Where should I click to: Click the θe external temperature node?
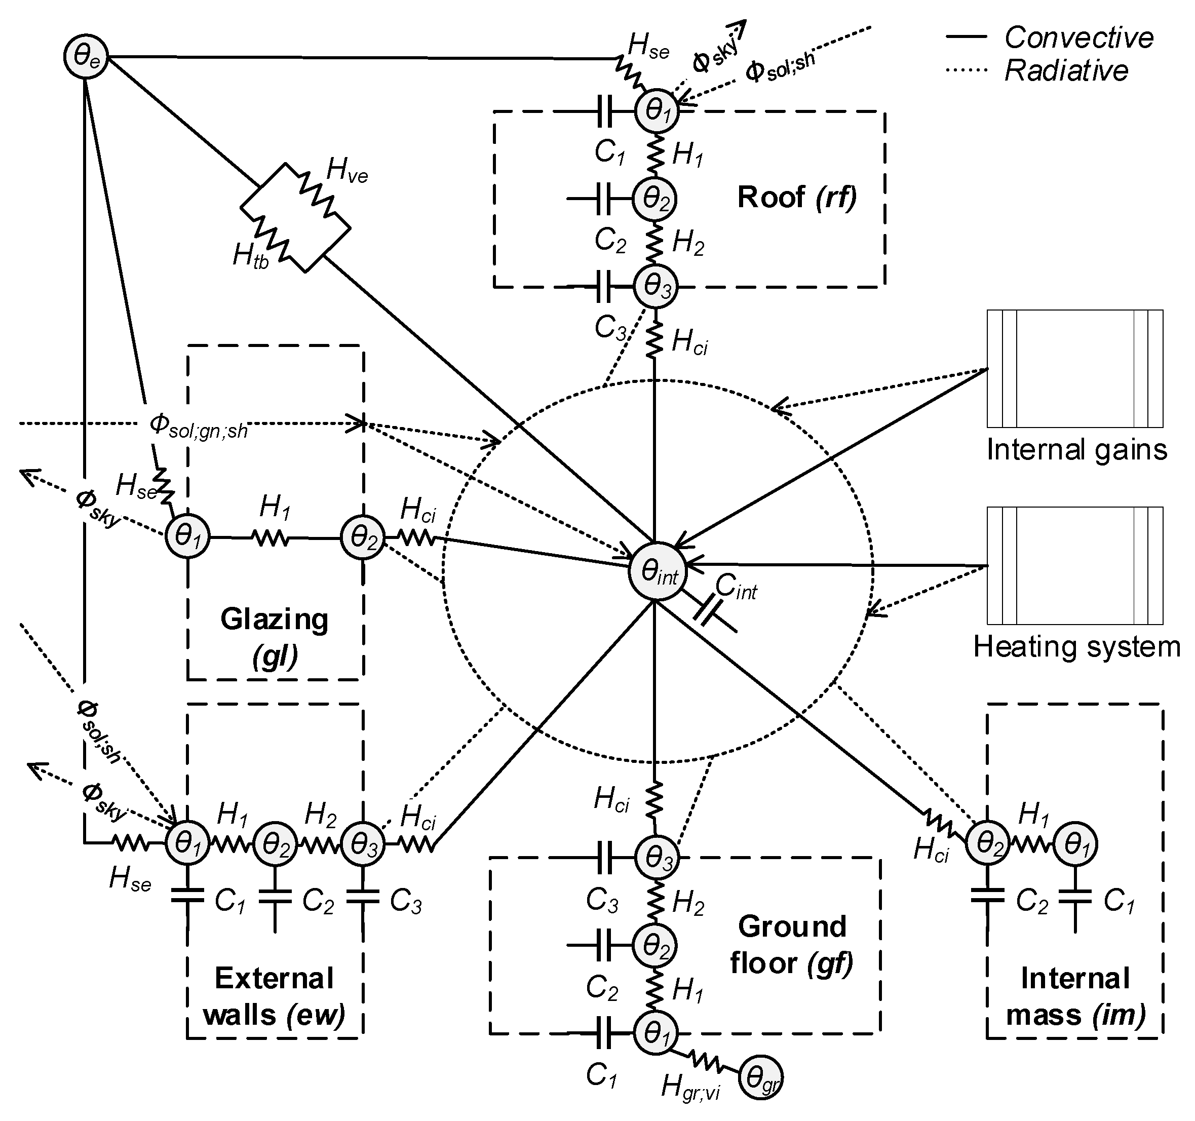pyautogui.click(x=85, y=58)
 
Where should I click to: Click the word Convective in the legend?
pyautogui.click(x=1078, y=38)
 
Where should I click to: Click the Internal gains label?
pyautogui.click(x=1076, y=450)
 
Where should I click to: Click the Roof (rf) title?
pyautogui.click(x=796, y=197)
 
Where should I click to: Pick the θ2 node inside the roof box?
pyautogui.click(x=654, y=199)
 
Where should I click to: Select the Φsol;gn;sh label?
pyautogui.click(x=199, y=426)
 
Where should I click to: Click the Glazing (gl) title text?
pyautogui.click(x=275, y=638)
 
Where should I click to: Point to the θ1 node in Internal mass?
pyautogui.click(x=1075, y=844)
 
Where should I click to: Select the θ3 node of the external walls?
pyautogui.click(x=363, y=844)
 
